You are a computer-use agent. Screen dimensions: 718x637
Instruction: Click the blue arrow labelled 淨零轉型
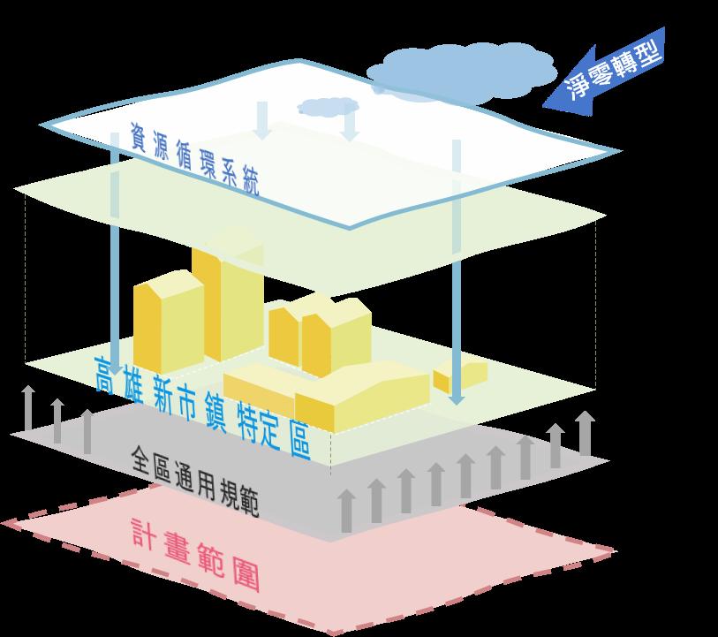tap(609, 76)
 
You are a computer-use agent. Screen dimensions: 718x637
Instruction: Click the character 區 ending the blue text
tap(298, 441)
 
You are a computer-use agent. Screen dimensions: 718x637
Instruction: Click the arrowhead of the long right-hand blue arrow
tap(456, 397)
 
